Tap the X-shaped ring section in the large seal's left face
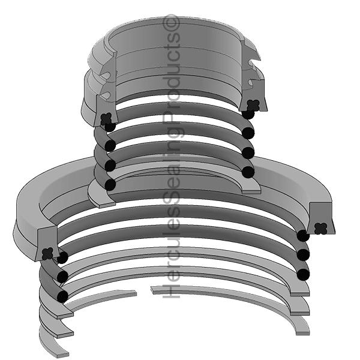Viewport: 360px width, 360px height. pos(49,253)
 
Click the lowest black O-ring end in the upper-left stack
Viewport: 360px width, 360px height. pos(110,184)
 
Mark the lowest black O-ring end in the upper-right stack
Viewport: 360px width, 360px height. pos(248,172)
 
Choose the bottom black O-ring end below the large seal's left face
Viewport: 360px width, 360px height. pos(62,296)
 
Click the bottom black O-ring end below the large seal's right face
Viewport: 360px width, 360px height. pos(303,274)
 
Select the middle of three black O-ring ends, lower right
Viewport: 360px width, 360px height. pos(303,254)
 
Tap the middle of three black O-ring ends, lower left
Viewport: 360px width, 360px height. pos(61,276)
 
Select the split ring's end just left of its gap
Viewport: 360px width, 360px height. pos(134,293)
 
